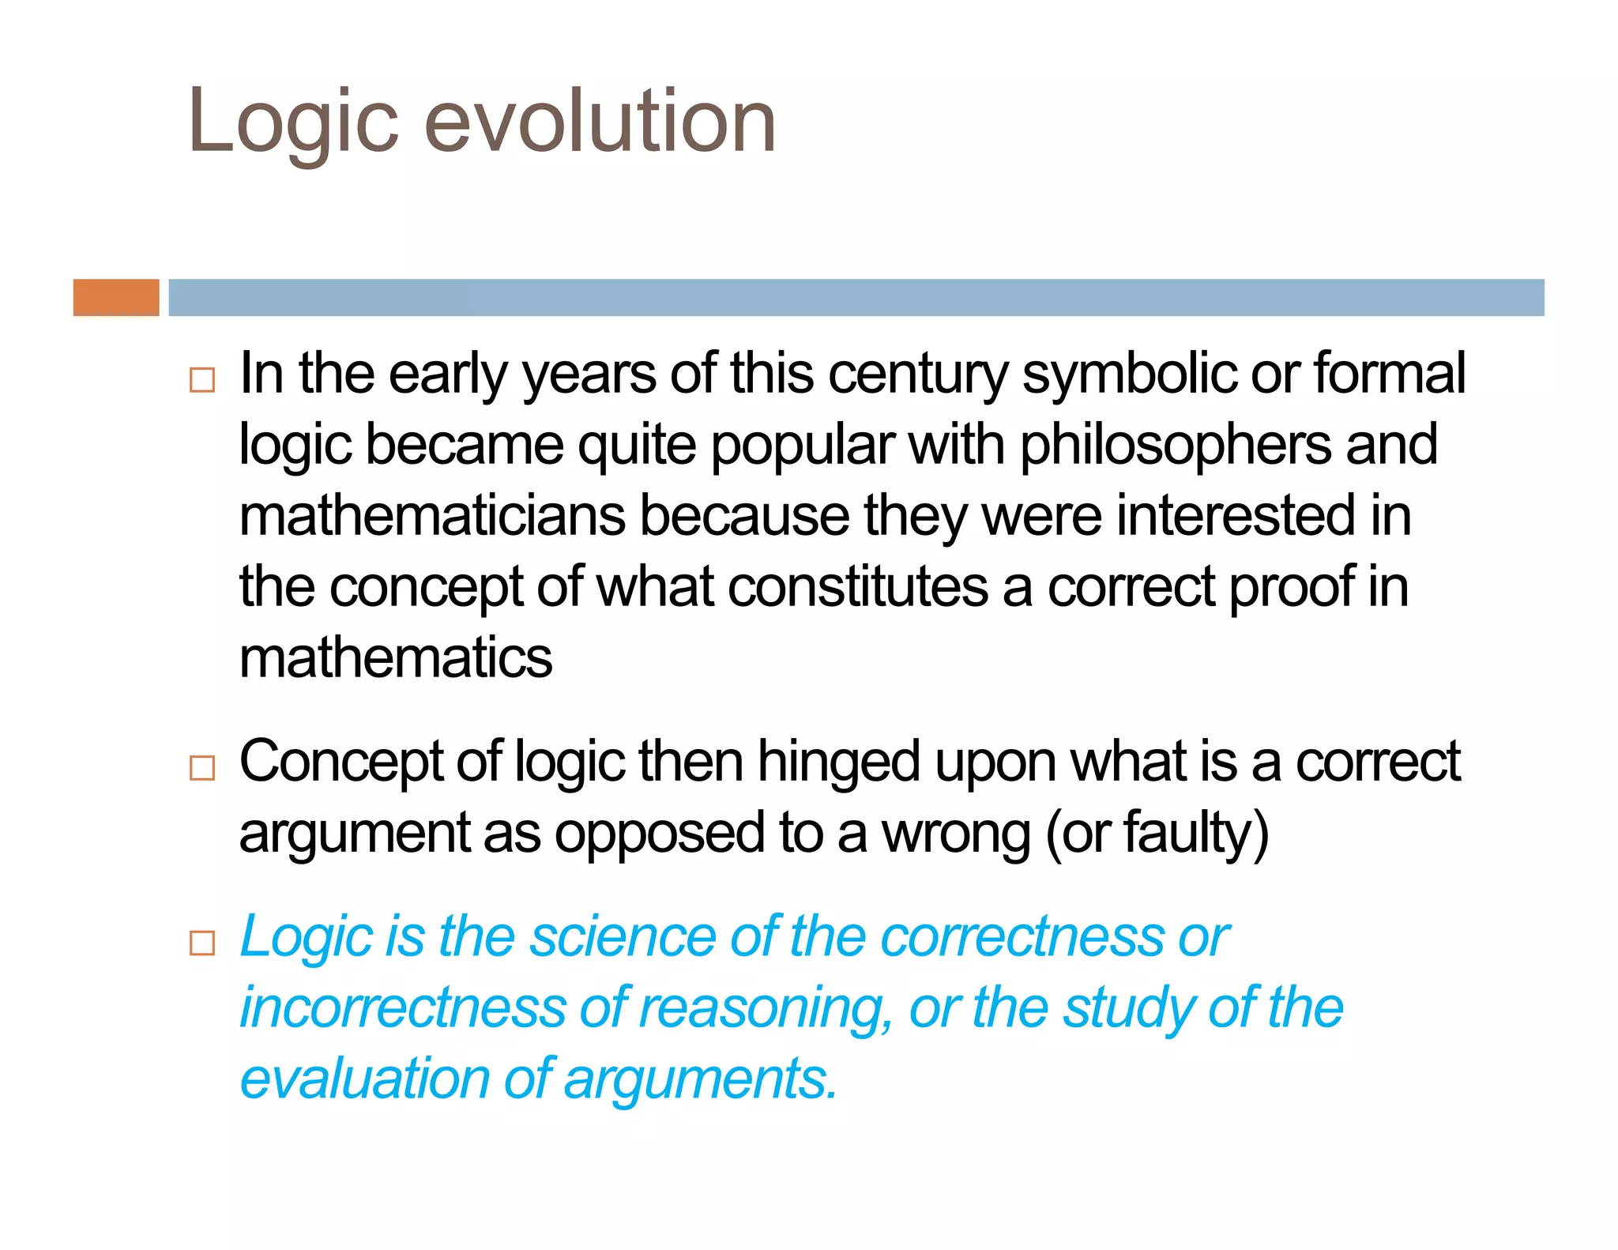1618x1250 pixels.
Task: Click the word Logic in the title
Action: tap(293, 122)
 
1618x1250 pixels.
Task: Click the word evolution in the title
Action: tap(600, 122)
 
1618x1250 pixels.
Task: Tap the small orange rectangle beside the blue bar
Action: tap(116, 298)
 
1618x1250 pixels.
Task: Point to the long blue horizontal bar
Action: tap(856, 298)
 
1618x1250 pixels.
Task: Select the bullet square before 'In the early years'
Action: tap(202, 380)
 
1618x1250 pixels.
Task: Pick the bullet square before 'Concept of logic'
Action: tap(202, 767)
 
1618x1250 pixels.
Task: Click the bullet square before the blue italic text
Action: tap(202, 943)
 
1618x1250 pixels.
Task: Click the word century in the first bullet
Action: tap(917, 374)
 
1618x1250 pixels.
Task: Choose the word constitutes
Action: tap(857, 587)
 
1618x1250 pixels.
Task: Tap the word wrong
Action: tap(955, 834)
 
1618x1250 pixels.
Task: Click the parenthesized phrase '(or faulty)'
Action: tap(1157, 834)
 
